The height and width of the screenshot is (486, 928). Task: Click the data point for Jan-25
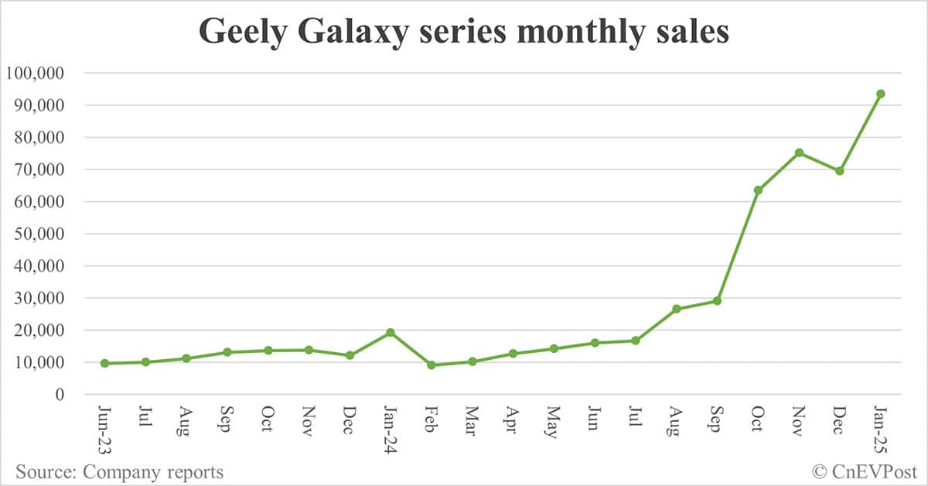click(880, 94)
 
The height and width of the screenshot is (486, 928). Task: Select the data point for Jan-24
click(391, 332)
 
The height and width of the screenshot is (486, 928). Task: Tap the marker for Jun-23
click(104, 363)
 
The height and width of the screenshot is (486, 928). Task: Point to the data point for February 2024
click(432, 365)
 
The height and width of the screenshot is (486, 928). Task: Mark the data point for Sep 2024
click(717, 301)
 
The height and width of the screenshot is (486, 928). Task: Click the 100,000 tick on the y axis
click(44, 73)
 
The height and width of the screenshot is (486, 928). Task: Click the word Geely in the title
click(244, 33)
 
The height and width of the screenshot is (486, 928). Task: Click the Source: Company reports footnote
click(119, 471)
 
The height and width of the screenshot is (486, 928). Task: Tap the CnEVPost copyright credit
click(864, 471)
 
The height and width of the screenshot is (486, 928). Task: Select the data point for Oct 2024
click(758, 190)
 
